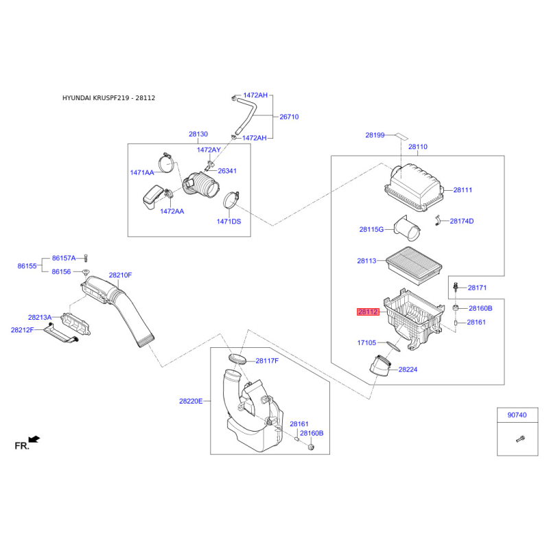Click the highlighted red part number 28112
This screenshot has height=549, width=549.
click(x=368, y=312)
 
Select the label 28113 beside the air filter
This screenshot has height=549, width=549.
click(x=366, y=261)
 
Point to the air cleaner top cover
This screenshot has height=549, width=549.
click(x=414, y=187)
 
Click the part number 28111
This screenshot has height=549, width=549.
click(x=463, y=190)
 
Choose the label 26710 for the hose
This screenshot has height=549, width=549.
click(x=289, y=117)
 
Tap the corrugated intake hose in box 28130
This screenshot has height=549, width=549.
click(x=201, y=184)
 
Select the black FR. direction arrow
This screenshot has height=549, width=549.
click(x=34, y=439)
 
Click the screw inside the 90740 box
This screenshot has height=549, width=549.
click(x=520, y=439)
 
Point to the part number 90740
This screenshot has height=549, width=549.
click(x=517, y=415)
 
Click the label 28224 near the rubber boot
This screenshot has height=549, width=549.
click(x=408, y=369)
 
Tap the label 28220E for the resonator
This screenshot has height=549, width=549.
click(x=191, y=401)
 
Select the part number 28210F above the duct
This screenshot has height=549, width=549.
click(x=120, y=275)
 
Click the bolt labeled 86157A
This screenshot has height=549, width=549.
click(x=86, y=258)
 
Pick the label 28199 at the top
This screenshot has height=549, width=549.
click(x=375, y=135)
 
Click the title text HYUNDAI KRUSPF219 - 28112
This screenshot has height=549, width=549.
click(x=108, y=98)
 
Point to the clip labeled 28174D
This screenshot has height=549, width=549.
click(x=437, y=220)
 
